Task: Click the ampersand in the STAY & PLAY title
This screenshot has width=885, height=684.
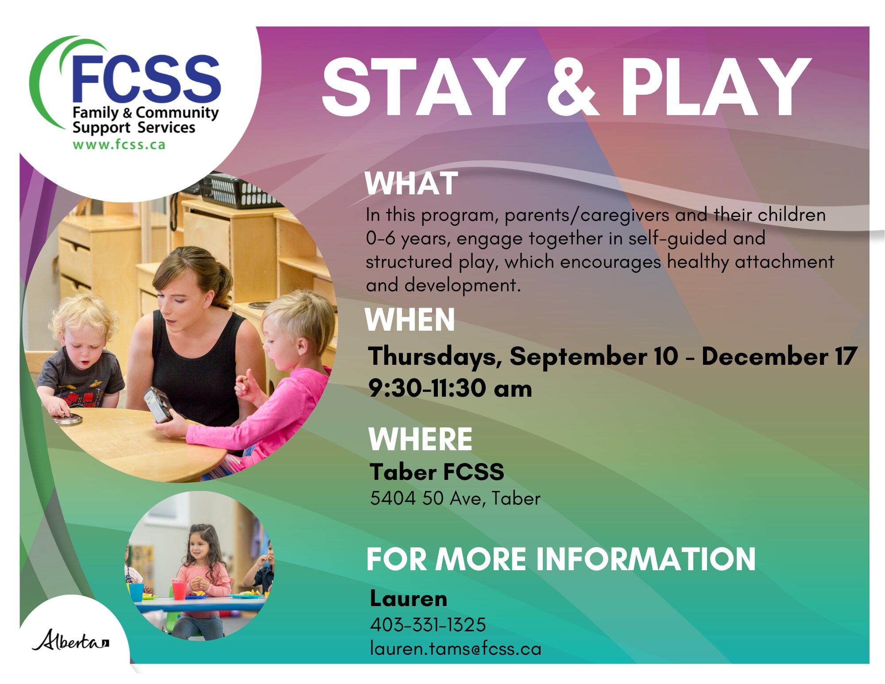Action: coord(573,87)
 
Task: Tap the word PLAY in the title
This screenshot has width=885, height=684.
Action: coord(715,87)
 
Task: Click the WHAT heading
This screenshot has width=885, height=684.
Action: coord(411,183)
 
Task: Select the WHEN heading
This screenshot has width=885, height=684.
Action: coord(410,320)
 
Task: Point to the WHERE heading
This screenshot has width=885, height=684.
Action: coord(421,439)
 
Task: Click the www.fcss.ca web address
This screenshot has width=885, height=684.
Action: coord(119,145)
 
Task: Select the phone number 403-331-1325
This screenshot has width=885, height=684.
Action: coord(428,625)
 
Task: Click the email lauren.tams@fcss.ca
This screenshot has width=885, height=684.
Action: coord(456,649)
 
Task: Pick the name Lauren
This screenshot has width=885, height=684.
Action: coord(409,599)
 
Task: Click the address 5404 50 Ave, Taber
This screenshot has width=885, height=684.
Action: coord(455,499)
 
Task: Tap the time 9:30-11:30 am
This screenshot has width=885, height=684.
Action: coord(450,388)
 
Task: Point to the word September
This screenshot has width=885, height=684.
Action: coord(578,357)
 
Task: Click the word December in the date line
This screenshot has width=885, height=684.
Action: coord(765,356)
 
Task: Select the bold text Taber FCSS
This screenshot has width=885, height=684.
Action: coord(437,472)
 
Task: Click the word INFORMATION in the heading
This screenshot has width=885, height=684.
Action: coord(646,559)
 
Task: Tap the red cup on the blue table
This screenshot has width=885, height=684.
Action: coord(179,591)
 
